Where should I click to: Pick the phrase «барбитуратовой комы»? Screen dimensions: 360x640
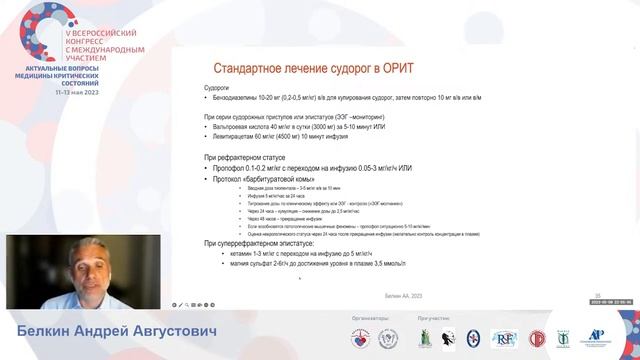pyautogui.click(x=263, y=182)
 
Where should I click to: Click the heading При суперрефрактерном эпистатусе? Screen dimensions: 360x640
pyautogui.click(x=259, y=243)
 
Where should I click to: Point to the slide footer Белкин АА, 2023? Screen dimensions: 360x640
pyautogui.click(x=405, y=295)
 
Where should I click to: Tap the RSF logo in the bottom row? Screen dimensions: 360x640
pyautogui.click(x=504, y=339)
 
